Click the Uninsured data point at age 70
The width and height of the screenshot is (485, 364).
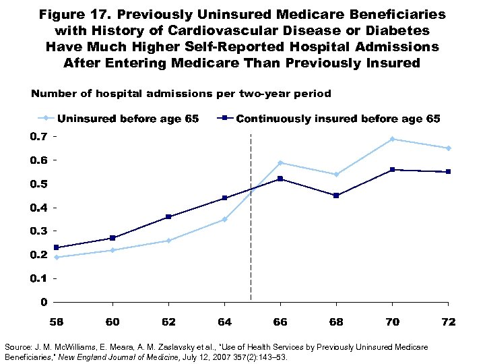391,139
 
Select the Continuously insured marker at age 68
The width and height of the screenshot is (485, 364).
335,195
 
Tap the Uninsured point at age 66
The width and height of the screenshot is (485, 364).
280,162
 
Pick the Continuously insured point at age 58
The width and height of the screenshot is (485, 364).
57,247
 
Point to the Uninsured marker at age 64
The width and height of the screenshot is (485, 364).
224,219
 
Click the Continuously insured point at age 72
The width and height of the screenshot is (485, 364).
447,172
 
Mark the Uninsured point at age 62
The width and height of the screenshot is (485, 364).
168,241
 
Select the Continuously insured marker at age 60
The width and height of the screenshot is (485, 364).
112,238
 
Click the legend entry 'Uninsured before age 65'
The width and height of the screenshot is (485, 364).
128,119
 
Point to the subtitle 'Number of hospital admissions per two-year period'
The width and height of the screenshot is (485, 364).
181,94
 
